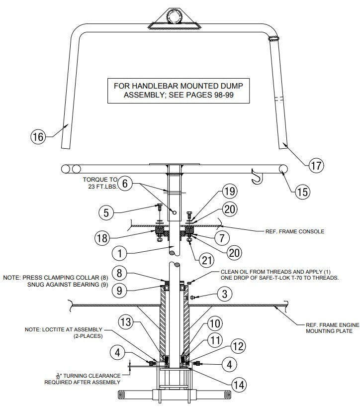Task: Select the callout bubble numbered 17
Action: point(316,166)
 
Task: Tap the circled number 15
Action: point(302,191)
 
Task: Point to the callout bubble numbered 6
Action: point(125,184)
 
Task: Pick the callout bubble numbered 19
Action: point(230,191)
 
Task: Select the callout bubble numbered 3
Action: point(224,295)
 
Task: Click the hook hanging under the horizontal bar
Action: point(257,177)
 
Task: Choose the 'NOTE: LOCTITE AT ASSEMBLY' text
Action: point(75,329)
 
